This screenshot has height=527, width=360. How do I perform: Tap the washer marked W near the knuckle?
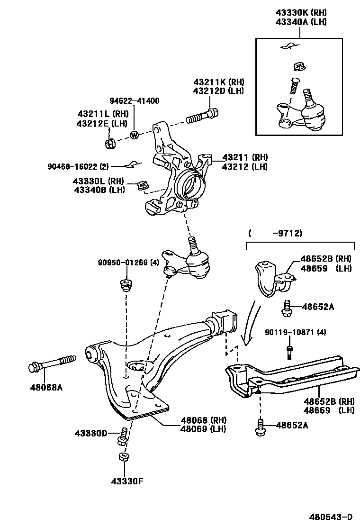coord(134,135)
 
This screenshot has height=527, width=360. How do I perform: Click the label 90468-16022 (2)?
coord(79,166)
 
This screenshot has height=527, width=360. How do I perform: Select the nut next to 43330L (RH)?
coord(142,185)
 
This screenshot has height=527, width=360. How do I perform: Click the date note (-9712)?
coord(275,233)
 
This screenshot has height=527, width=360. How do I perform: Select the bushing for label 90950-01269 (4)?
coord(126,286)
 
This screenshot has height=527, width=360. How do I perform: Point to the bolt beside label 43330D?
coord(123,436)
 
